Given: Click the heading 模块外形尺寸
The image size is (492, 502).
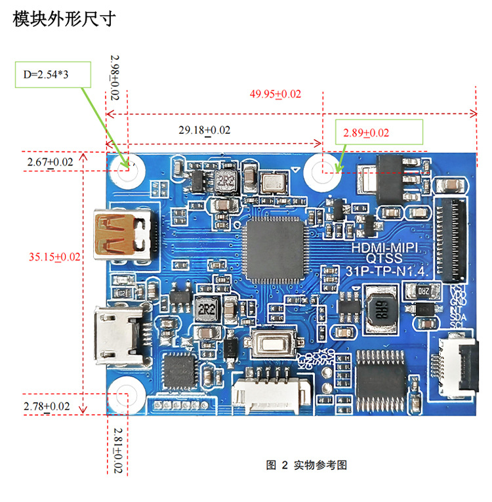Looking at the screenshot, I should (x=64, y=20).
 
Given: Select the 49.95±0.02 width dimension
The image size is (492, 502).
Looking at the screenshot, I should (x=276, y=94).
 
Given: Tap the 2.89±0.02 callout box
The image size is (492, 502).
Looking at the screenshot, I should (x=379, y=133).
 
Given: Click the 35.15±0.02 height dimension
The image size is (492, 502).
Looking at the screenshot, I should (x=54, y=257).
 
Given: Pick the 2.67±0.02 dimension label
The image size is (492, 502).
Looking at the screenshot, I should (x=50, y=161).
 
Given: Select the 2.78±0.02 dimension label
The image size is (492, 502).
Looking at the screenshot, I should (x=47, y=406).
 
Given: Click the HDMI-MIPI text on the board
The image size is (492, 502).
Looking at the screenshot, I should (x=391, y=248).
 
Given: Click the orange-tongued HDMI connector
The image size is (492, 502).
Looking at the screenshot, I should (x=124, y=234).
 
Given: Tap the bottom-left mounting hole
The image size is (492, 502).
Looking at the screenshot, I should (x=125, y=394).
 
